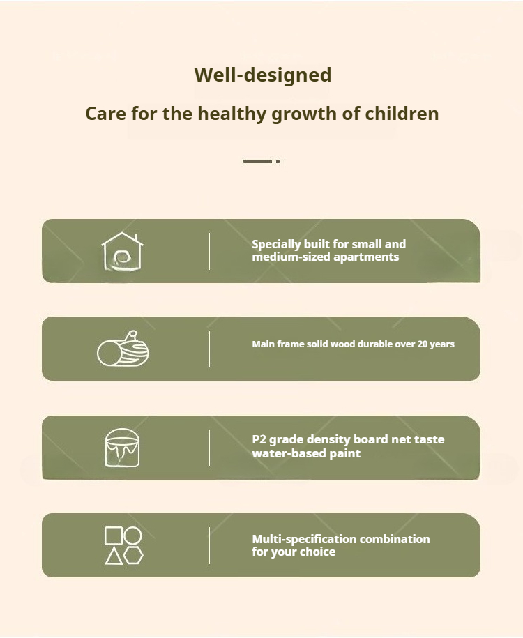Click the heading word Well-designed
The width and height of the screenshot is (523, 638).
point(262,75)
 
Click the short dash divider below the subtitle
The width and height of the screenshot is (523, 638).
point(257,162)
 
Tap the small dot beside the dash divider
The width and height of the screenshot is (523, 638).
point(278,162)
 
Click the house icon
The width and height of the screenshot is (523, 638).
point(122,251)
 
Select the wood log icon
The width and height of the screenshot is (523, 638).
point(123,349)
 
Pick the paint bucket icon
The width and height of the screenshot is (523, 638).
point(122,448)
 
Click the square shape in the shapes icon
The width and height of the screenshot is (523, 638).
point(114,536)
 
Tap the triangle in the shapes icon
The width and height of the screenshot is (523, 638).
point(114,556)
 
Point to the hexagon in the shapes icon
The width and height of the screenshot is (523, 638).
point(133,556)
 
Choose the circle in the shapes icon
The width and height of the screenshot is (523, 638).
point(132,536)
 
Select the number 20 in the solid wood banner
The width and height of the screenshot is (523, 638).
point(422,344)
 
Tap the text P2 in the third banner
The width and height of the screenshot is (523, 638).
point(259,439)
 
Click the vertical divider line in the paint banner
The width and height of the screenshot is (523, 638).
point(210,448)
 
